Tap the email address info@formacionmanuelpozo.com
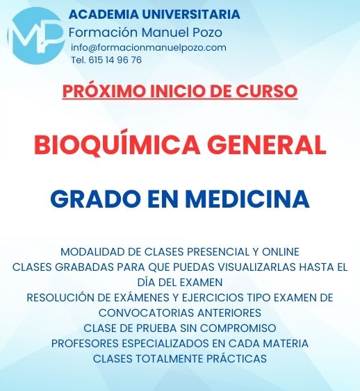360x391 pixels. pos(149,47)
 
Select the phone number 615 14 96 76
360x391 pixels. pos(113,60)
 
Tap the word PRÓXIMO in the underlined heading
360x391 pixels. pos(98,90)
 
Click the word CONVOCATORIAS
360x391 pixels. pos(140,313)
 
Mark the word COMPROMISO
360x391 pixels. pos(240,328)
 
